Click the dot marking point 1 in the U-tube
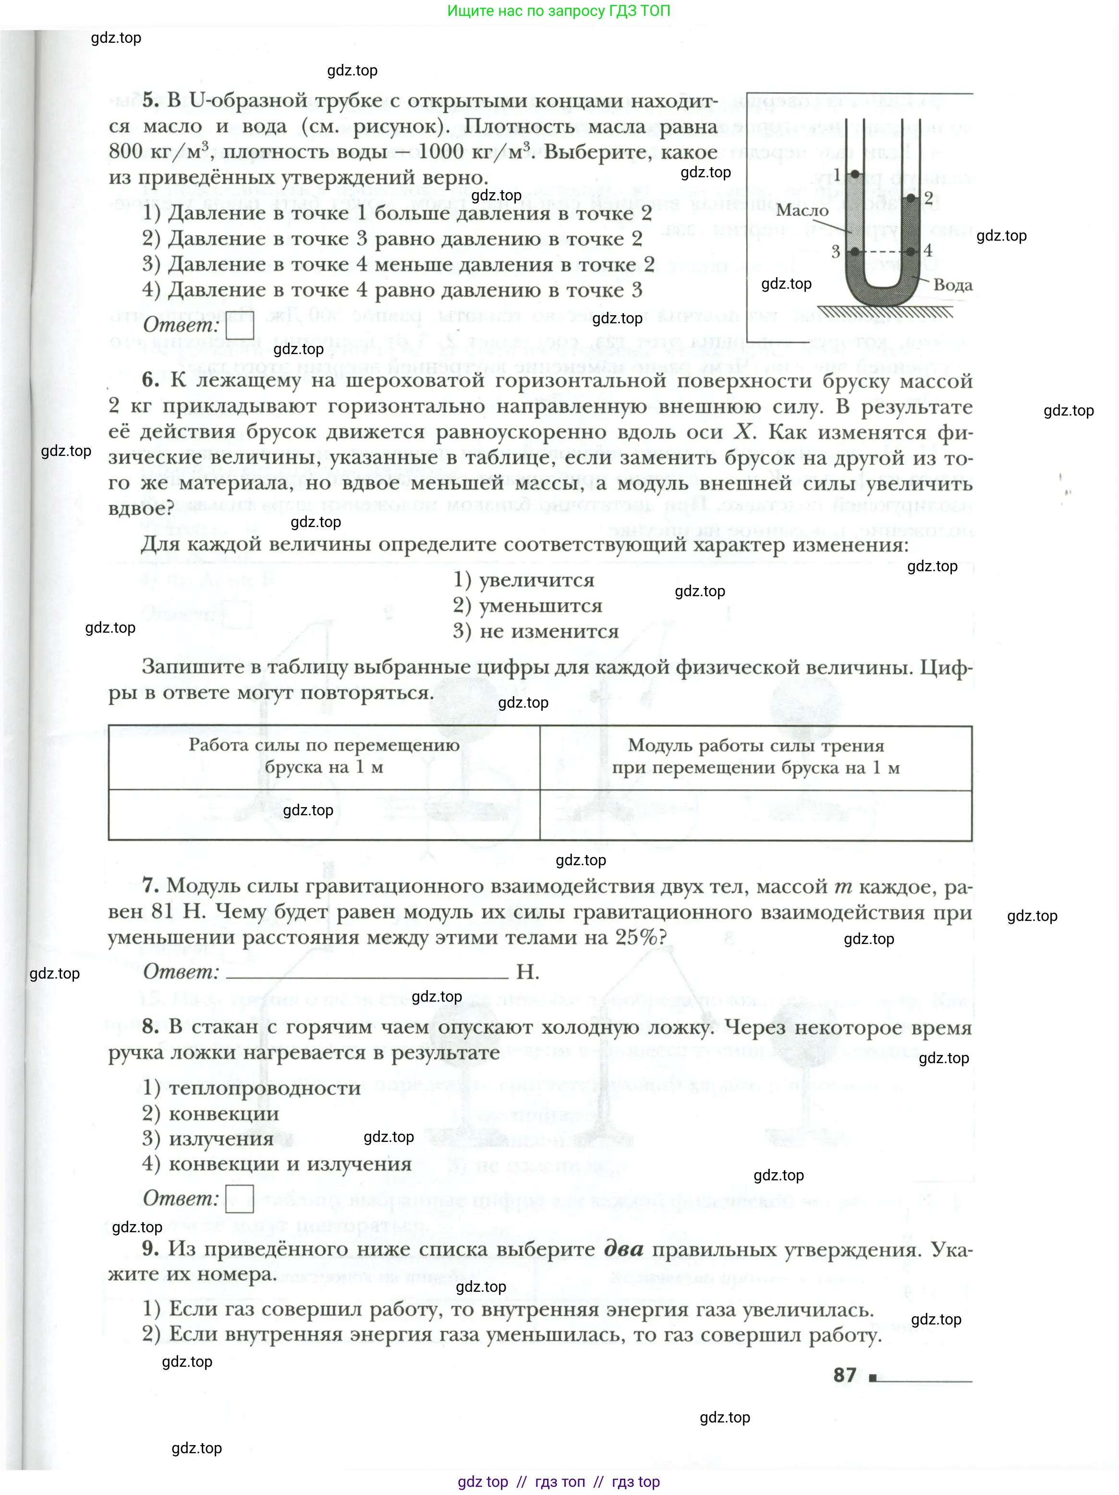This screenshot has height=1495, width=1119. (x=855, y=174)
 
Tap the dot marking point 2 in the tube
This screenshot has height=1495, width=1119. (x=911, y=198)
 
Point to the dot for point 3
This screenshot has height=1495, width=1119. (x=855, y=251)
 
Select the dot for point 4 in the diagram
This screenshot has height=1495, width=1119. (x=911, y=251)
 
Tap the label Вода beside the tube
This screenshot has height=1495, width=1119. (x=953, y=285)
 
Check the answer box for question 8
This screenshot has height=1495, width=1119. (x=239, y=1198)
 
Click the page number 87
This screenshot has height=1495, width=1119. (x=845, y=1375)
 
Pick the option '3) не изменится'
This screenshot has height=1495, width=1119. (x=535, y=631)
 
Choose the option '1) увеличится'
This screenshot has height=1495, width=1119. (x=523, y=580)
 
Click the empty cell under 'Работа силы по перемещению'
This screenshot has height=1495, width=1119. (x=324, y=815)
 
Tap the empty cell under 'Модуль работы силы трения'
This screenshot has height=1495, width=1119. (x=755, y=815)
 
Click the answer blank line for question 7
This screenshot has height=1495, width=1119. (x=367, y=973)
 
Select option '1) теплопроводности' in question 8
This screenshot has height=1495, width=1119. (x=251, y=1088)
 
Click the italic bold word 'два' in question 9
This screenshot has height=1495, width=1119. (x=623, y=1249)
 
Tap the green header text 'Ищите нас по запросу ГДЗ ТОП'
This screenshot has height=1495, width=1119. (x=559, y=11)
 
